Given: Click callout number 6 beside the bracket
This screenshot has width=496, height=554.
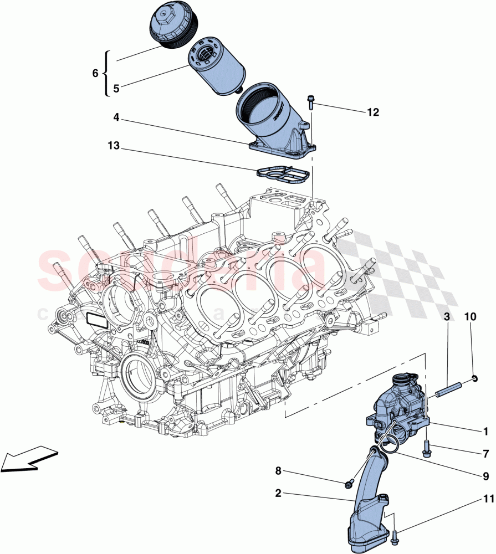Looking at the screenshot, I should click(x=95, y=73).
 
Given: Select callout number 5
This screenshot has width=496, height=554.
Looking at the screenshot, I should click(x=116, y=88).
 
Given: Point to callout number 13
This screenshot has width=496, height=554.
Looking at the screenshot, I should click(x=114, y=146).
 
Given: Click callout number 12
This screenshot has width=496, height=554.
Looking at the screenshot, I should click(x=372, y=112).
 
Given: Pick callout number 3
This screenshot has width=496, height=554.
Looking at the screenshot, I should click(x=446, y=316).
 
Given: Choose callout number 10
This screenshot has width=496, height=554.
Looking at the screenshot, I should click(x=471, y=316).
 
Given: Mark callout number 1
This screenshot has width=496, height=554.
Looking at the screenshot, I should click(x=485, y=431).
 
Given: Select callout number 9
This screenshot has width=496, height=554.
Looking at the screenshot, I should click(x=485, y=475).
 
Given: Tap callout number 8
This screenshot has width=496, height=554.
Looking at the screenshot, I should click(x=279, y=471).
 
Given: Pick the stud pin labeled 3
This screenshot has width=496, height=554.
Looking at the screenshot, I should click(x=448, y=391).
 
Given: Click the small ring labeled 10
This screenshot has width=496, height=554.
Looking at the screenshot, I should click(x=475, y=378).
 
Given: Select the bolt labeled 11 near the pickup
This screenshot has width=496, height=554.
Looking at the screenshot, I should click(x=395, y=536).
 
